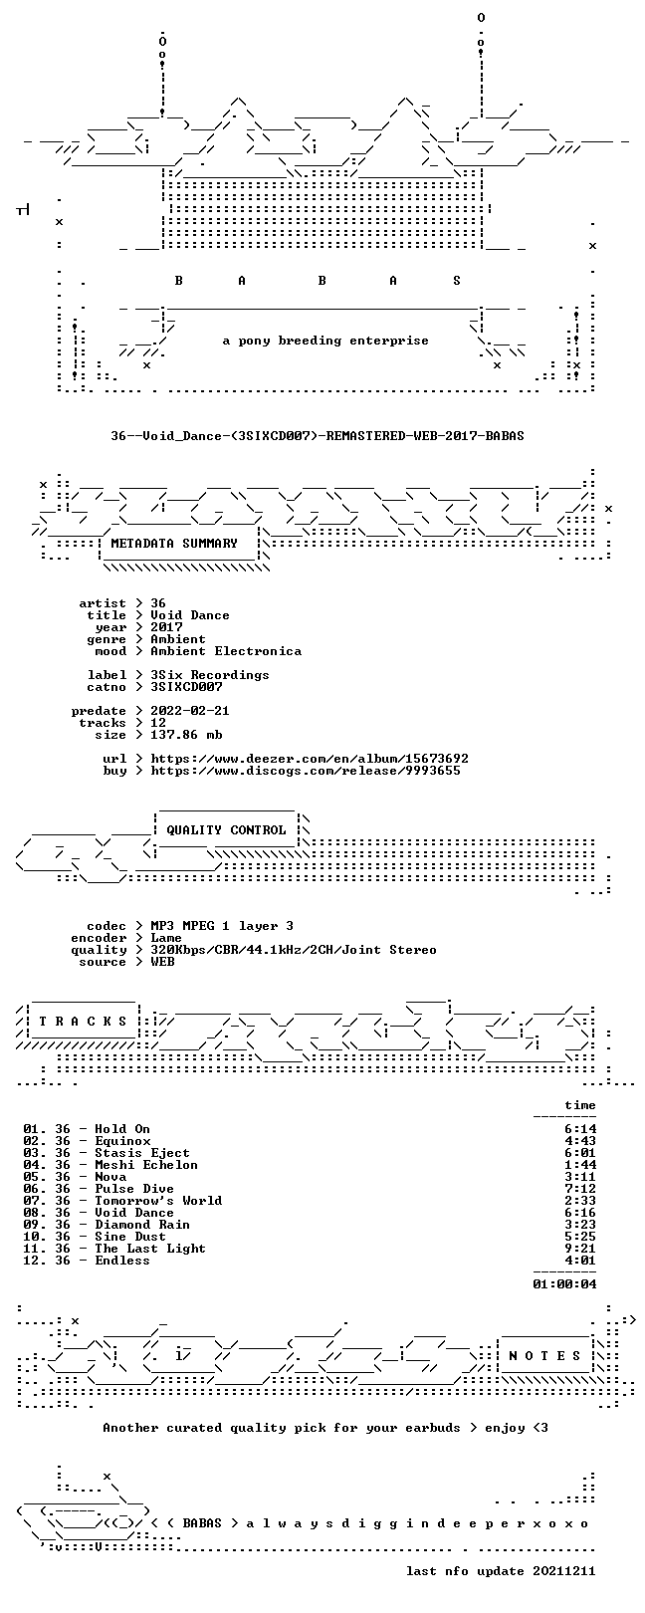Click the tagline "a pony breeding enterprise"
pos(325,341)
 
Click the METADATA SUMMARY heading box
pos(174,544)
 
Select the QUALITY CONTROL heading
pos(226,830)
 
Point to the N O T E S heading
pos(544,1356)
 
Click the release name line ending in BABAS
pos(318,436)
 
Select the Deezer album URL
pos(310,759)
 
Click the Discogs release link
pos(306,771)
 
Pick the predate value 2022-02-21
pos(190,711)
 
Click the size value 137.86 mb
pos(186,735)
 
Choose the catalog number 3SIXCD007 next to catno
pos(186,687)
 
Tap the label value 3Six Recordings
pos(209,675)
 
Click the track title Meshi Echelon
pos(146,1164)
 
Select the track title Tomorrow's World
pos(158,1201)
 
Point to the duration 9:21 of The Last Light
pos(580,1248)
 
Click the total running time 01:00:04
pos(564,1283)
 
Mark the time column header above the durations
pos(580,1104)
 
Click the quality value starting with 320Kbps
pos(293,950)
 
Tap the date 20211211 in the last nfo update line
pos(564,1570)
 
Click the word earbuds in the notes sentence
pos(432,1427)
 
